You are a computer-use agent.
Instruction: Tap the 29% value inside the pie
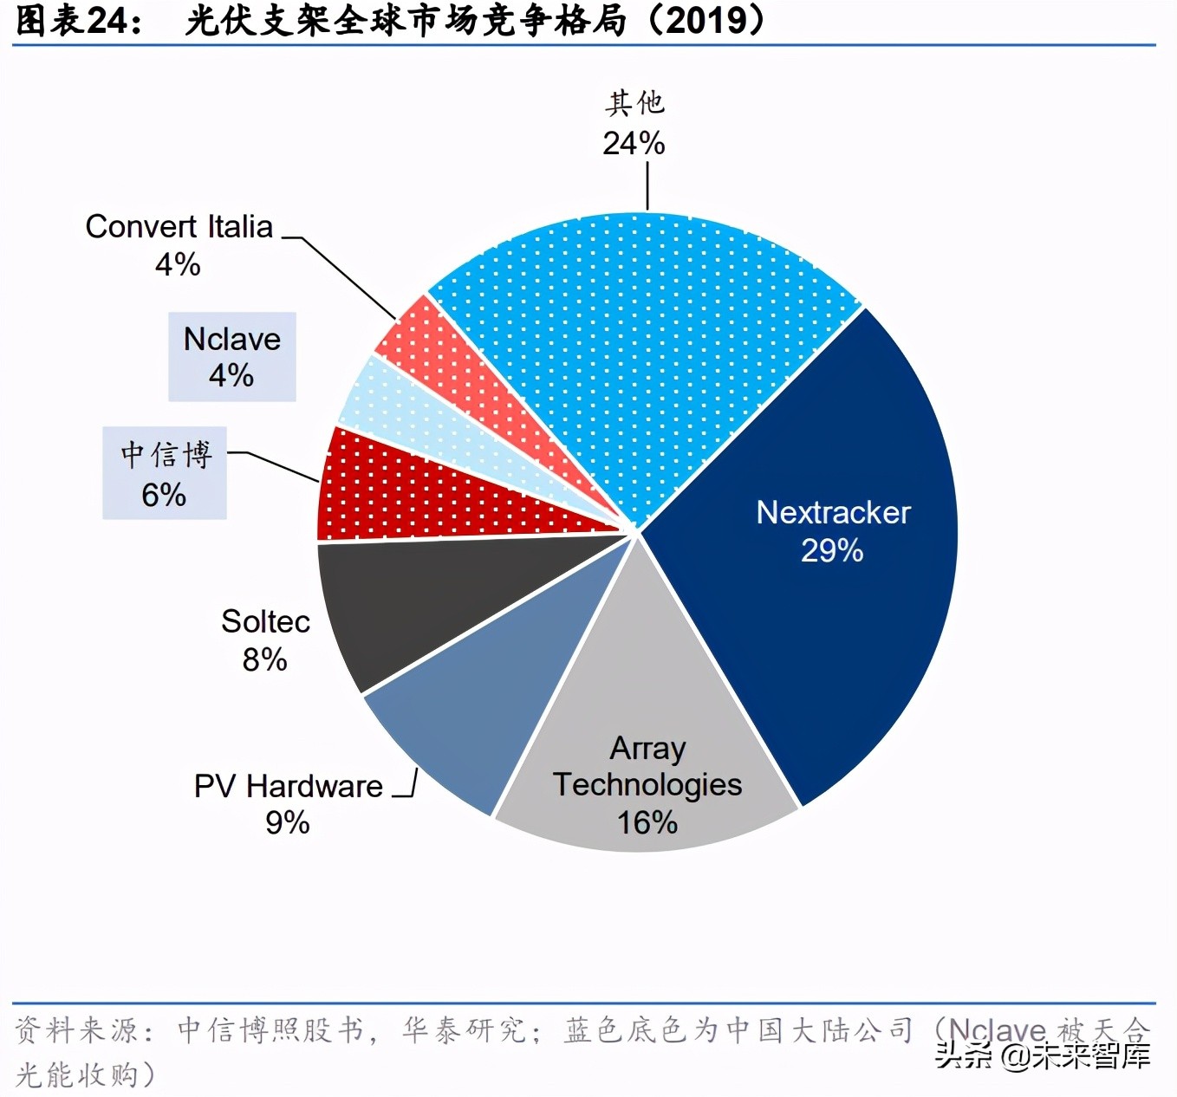832,551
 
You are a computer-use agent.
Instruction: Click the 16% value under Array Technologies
647,821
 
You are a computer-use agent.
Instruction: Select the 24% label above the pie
634,143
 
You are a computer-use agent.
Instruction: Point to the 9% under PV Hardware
287,822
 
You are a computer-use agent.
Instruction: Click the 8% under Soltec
264,659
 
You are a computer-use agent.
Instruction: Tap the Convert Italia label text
179,227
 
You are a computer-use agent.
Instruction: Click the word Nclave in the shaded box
232,339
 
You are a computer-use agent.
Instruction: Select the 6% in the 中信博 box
164,495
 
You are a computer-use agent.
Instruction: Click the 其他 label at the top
634,103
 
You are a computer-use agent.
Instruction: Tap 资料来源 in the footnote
75,1030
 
